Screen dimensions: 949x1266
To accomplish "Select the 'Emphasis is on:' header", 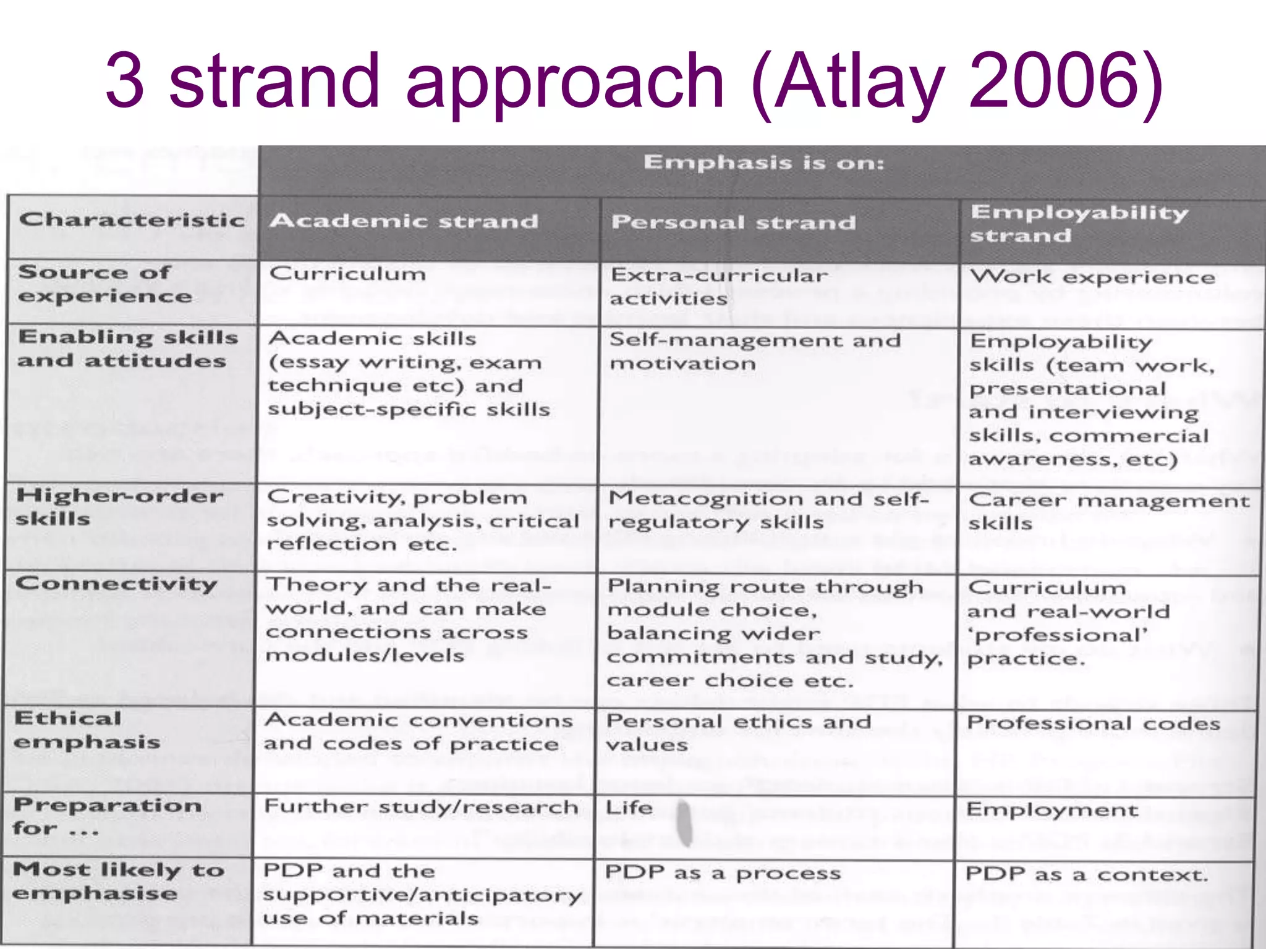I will coord(764,163).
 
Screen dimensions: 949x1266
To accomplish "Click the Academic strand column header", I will coord(404,221).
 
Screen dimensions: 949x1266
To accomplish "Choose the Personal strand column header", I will coord(733,222).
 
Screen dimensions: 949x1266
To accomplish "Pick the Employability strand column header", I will coord(1079,224).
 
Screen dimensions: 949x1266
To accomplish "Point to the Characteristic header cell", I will coord(132,220).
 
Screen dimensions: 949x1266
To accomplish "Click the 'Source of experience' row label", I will coord(105,284).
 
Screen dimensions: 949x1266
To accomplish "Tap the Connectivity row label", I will coord(116,584).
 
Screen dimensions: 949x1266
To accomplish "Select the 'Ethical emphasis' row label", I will coord(87,730).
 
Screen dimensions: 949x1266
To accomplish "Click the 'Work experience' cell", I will coord(1092,277).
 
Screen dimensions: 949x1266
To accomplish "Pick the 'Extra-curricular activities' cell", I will coord(718,287).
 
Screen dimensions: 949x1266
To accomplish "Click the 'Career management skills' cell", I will coord(1108,511).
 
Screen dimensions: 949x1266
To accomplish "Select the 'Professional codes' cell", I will coord(1093,723).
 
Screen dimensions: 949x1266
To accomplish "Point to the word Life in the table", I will coord(629,808).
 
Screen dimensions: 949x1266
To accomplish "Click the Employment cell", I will coord(1051,809).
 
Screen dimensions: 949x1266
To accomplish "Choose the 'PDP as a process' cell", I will coord(723,873).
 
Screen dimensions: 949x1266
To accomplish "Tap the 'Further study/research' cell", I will coord(421,807).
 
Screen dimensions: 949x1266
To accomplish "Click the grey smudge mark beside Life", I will coord(684,822).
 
